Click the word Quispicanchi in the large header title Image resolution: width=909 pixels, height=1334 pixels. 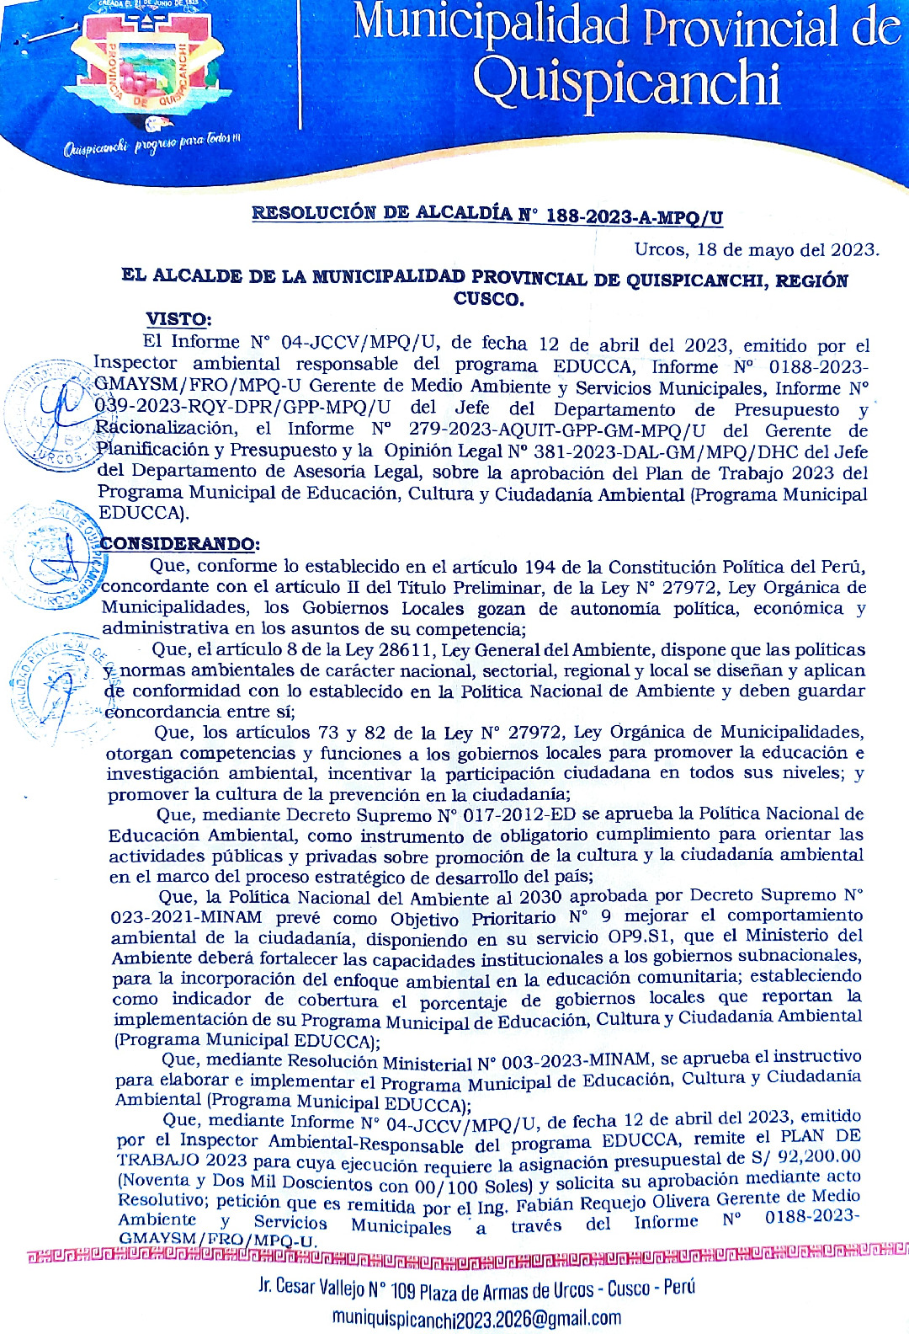point(626,84)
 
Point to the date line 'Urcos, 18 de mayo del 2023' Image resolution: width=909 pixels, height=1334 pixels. point(756,250)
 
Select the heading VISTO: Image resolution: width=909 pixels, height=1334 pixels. point(178,319)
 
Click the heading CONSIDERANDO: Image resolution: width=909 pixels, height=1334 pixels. point(180,544)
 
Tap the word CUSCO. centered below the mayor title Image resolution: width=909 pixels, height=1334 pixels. point(488,299)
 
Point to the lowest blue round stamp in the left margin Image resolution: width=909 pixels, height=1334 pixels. point(57,686)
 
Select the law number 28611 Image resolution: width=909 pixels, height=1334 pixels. point(408,650)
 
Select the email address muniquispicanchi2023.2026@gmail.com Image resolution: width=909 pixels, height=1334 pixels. point(476,1316)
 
